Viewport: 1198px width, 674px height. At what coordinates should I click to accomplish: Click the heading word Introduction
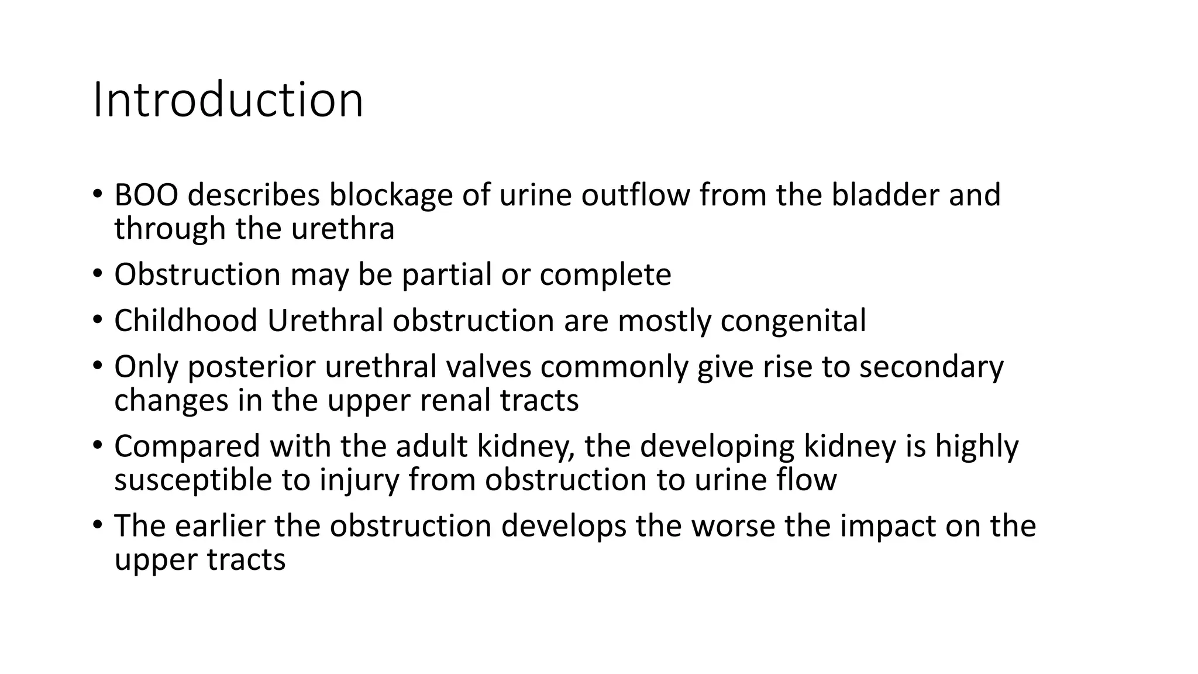[x=228, y=100]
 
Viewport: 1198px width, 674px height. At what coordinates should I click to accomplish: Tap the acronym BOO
[x=146, y=195]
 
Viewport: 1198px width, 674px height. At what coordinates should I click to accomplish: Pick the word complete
[x=605, y=275]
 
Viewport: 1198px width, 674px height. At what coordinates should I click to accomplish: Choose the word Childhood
[x=185, y=321]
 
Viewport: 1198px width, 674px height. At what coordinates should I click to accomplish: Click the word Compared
[x=187, y=447]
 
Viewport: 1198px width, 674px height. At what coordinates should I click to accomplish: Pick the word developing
[x=716, y=447]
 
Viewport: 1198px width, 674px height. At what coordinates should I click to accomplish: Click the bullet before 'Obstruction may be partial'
[x=97, y=273]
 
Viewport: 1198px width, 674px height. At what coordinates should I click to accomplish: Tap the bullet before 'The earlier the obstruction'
[x=97, y=524]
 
